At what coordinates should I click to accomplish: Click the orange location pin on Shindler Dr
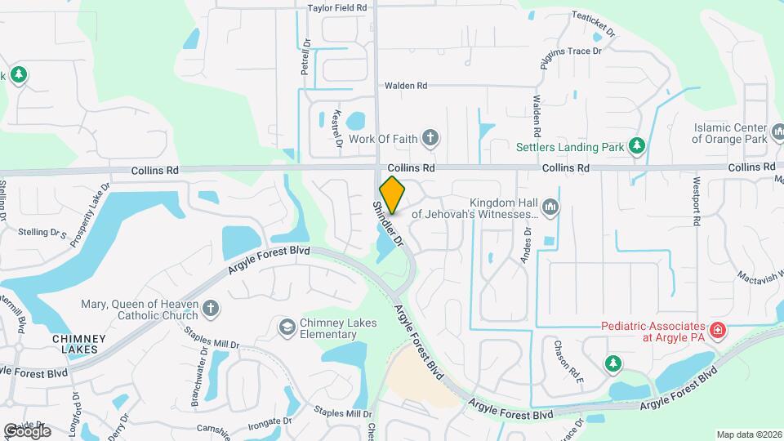click(x=392, y=194)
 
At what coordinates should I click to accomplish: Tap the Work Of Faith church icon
click(x=430, y=138)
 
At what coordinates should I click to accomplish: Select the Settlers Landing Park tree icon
click(x=637, y=147)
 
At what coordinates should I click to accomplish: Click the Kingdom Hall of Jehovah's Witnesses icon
click(x=551, y=208)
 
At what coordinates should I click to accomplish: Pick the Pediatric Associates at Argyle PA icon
click(x=718, y=330)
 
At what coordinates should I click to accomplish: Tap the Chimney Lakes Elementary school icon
click(x=287, y=327)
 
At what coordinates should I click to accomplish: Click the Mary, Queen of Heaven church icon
click(x=211, y=310)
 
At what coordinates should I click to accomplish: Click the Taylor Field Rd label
click(x=336, y=8)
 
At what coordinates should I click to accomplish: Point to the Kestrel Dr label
click(x=336, y=129)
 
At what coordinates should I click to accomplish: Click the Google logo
click(x=27, y=431)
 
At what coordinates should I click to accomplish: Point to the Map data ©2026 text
click(x=748, y=434)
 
